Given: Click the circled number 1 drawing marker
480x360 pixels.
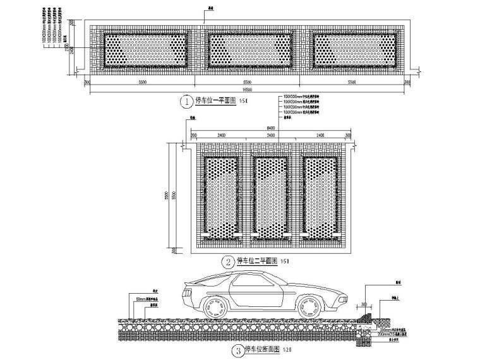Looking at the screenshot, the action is coord(186,100).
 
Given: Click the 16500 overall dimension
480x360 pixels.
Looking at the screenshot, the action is coord(247,91).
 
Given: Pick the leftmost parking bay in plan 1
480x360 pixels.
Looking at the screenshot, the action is coord(145,49).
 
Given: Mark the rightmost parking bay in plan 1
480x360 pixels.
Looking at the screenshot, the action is coord(356,49).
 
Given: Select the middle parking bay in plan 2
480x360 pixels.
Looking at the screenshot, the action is coord(271,196).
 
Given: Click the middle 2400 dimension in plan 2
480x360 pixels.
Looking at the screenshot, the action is coord(271,135).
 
